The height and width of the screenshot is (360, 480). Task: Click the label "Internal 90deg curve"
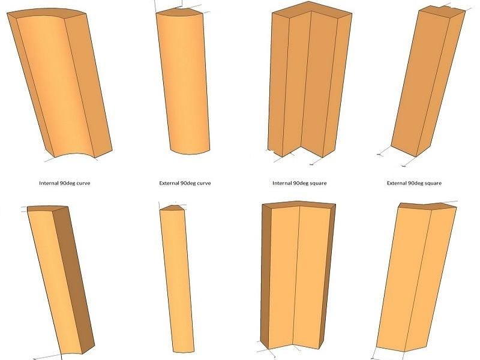point(65,183)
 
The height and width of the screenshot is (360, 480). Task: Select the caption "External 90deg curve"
point(185,183)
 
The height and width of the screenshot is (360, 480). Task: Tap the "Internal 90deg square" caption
point(299,183)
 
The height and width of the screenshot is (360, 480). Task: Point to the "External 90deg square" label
point(414,183)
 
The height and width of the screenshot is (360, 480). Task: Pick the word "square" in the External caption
point(433,184)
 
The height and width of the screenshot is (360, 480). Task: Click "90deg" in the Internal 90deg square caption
point(300,184)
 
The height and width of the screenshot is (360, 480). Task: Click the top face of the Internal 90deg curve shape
point(46,13)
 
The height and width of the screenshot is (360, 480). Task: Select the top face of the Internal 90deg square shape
point(311,11)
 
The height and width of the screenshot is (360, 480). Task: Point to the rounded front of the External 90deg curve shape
point(184,83)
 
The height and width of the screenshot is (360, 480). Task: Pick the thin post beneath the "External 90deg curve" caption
point(177,278)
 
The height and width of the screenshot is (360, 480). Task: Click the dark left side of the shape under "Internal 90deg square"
point(265,275)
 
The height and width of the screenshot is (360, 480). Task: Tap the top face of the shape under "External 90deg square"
point(428,206)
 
